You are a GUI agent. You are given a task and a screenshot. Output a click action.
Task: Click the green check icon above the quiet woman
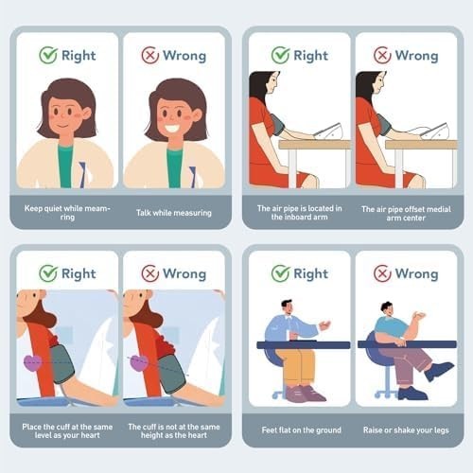tap(48, 56)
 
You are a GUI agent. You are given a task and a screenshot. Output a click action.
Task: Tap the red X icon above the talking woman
tap(150, 56)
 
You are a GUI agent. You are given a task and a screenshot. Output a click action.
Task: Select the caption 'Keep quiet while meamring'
tap(67, 213)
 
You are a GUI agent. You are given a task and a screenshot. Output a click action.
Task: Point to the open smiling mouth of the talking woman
tap(175, 130)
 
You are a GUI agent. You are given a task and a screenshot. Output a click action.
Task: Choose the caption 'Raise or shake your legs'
tap(405, 429)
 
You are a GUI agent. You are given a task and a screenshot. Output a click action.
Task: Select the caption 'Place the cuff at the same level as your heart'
tap(67, 431)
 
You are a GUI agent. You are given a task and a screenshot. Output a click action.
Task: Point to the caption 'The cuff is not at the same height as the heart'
tap(174, 431)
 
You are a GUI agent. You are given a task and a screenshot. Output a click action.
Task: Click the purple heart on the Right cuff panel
tap(33, 362)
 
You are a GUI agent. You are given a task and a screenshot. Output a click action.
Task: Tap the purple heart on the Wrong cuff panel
tap(140, 362)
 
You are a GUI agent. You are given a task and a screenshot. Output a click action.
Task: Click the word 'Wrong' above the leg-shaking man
tap(416, 273)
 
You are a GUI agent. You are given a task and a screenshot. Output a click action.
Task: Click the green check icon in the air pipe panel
tap(280, 56)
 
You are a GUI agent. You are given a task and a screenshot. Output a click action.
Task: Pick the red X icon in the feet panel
tap(382, 273)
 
